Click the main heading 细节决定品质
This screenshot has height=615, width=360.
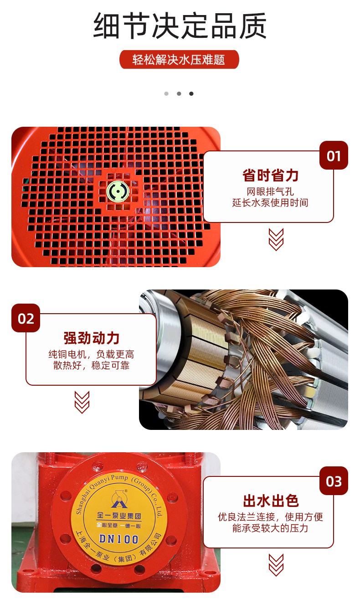[x=180, y=26]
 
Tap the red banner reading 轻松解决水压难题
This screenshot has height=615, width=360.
[x=179, y=60]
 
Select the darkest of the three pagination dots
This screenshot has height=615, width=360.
[x=191, y=93]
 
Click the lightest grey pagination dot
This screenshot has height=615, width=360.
[x=166, y=93]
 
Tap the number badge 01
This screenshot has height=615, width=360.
[x=334, y=155]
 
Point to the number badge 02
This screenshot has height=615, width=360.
[x=26, y=318]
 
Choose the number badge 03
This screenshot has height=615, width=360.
[x=334, y=481]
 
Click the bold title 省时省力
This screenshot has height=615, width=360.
[x=270, y=176]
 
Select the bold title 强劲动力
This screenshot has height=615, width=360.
[x=92, y=338]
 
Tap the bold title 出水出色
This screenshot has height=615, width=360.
[x=271, y=501]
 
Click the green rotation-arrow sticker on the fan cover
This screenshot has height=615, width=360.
[x=118, y=191]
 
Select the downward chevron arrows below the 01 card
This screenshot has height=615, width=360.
[x=276, y=240]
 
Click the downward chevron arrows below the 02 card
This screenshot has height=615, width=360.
[x=82, y=402]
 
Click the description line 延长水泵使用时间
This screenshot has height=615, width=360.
[x=270, y=202]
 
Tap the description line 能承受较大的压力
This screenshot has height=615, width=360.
[x=270, y=528]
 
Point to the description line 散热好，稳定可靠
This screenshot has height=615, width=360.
[x=92, y=366]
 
